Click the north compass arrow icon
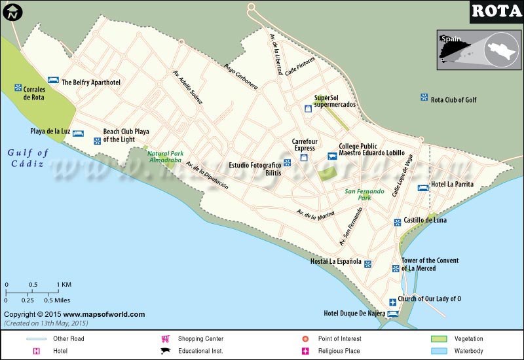pos(13,11)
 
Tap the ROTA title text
pos(496,11)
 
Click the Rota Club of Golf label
pos(453,99)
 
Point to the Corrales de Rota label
pos(33,93)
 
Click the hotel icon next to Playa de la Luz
pos(77,133)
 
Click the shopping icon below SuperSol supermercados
pos(307,109)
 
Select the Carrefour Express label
pos(305,144)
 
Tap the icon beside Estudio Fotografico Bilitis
pos(287,162)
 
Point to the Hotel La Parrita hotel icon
pos(422,188)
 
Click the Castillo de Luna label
pos(425,221)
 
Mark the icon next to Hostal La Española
pos(368,264)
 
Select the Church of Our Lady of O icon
pos(392,302)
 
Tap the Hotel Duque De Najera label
pos(354,313)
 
